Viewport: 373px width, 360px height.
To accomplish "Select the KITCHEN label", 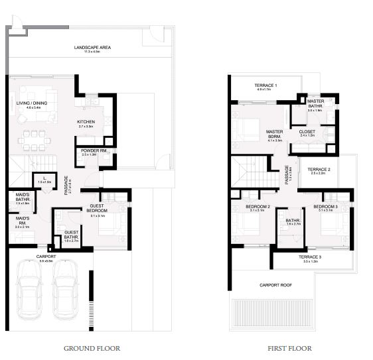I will (86, 122).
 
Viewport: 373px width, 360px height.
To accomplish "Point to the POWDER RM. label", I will (88, 150).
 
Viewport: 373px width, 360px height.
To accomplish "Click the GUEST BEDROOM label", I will (98, 208).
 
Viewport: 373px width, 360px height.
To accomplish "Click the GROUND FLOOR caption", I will (92, 348).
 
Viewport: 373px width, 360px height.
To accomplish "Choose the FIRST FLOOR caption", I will (289, 348).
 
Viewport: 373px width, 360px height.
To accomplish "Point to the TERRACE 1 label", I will (265, 86).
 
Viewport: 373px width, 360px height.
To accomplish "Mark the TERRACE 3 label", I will (309, 257).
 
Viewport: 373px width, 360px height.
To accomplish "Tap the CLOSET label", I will (307, 132).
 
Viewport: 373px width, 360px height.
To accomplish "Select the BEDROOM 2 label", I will (257, 207).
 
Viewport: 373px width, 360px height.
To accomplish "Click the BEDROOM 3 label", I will (325, 207).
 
